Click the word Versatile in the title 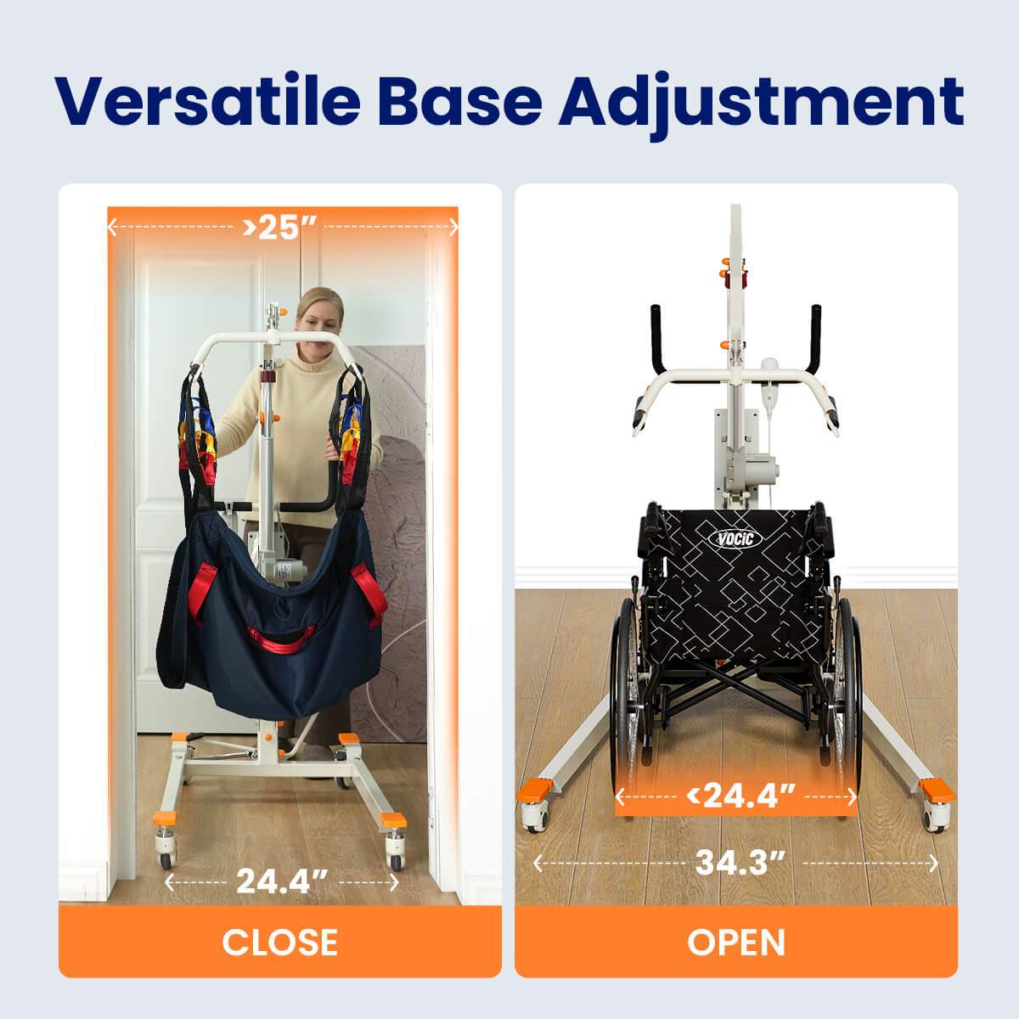207,100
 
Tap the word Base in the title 460,100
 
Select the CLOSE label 279,942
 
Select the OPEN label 736,942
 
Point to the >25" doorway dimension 279,228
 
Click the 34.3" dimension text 740,863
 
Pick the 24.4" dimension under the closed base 282,882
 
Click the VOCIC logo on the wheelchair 735,539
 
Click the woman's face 318,323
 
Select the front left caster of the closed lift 166,851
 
